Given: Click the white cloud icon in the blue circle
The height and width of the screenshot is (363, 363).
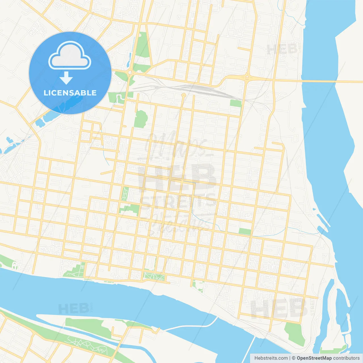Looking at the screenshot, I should tap(70, 55).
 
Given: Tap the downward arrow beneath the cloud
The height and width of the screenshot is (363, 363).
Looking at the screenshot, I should tap(66, 78).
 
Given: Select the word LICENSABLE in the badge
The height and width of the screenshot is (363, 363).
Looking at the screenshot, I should tap(70, 93).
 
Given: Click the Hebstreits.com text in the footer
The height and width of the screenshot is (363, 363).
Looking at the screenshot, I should tap(271, 358).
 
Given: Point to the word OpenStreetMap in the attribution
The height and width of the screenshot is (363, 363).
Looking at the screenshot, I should tap(314, 358).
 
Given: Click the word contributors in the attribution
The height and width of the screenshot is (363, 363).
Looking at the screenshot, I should tap(346, 358).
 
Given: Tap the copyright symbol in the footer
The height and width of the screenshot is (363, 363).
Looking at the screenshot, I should tap(294, 358).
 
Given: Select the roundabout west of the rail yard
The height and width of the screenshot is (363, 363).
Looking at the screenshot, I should tap(130, 73).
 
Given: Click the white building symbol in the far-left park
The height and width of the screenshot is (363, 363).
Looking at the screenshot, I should tap(15, 266).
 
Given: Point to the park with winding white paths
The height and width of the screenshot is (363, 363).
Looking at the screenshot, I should tap(85, 345).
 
